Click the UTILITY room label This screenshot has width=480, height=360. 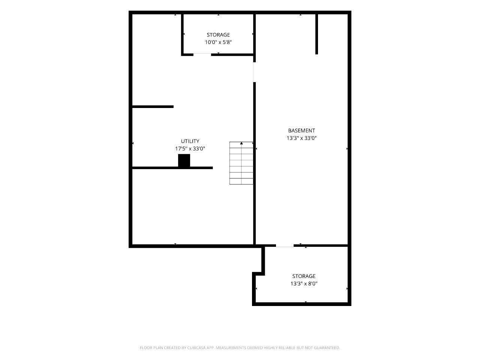pos(190,141)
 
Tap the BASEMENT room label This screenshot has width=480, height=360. pos(301,131)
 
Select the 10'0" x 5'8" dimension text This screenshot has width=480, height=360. pos(218,42)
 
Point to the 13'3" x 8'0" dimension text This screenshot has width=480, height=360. pos(304,284)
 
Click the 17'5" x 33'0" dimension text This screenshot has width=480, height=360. pos(190,148)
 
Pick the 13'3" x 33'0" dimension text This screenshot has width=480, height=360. pos(301,138)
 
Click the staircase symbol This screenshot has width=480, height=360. pos(241,163)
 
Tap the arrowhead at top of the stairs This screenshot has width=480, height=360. pos(241,143)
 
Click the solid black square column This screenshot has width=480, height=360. pos(184,160)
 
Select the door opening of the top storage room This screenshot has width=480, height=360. pos(202,54)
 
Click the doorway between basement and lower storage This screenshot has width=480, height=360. pos(285,246)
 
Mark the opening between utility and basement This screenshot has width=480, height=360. pos(254,72)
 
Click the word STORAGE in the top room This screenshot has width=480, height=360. pos(218,35)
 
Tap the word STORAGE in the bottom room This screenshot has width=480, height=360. pos(304,276)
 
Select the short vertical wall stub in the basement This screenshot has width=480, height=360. pos(316,34)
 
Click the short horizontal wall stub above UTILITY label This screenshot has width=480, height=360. pos(153,106)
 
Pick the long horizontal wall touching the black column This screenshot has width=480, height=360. pos(172,168)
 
